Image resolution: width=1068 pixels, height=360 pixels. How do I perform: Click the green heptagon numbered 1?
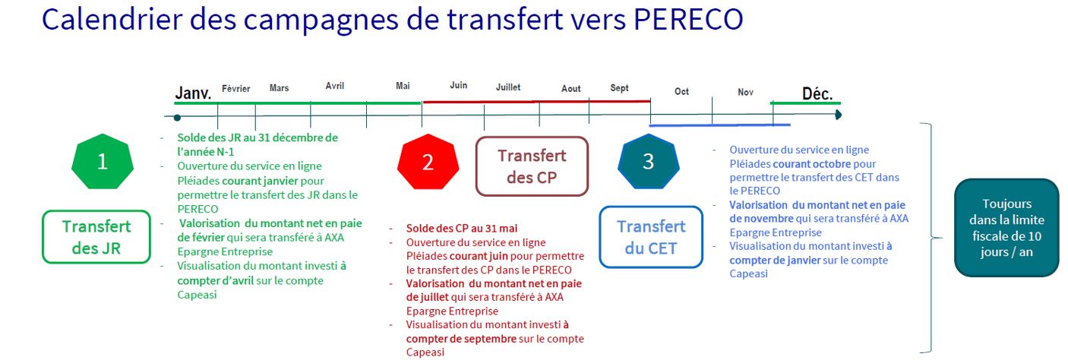[x=103, y=162]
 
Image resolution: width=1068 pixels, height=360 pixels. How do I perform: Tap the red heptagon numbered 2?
[x=428, y=162]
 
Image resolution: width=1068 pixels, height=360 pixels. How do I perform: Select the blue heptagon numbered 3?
[x=649, y=162]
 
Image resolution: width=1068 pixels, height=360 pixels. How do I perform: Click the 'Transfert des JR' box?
[x=96, y=237]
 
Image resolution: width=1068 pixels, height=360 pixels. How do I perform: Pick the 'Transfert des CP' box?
[x=532, y=166]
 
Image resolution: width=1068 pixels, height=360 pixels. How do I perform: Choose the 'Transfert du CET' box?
[x=651, y=237]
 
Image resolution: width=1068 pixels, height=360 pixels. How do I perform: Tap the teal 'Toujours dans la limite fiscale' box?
[x=1006, y=227]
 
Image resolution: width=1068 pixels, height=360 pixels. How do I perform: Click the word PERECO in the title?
[x=688, y=19]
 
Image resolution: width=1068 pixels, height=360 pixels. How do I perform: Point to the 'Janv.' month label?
[x=193, y=93]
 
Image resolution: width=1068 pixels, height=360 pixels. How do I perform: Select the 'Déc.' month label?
[x=817, y=93]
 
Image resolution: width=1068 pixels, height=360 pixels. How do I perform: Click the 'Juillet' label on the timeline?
[x=508, y=87]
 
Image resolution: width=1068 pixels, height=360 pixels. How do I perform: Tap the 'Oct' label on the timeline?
[x=682, y=92]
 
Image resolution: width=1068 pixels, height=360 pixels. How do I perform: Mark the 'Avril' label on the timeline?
[x=335, y=86]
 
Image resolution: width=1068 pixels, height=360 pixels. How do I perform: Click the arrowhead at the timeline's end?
[x=839, y=115]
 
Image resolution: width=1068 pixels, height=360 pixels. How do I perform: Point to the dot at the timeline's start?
[x=177, y=117]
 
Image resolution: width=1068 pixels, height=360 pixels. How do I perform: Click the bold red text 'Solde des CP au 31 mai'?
[x=462, y=229]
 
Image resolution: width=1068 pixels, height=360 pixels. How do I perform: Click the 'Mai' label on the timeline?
[x=403, y=86]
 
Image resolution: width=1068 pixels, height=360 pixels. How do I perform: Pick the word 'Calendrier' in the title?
[x=112, y=19]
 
